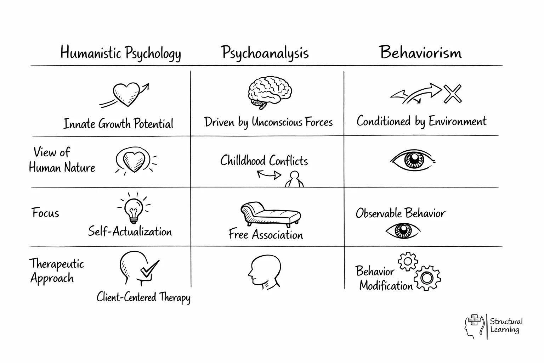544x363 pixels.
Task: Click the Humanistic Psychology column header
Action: pyautogui.click(x=120, y=53)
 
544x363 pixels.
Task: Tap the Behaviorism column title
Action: pyautogui.click(x=421, y=52)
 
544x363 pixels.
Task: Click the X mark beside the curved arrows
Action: pyautogui.click(x=453, y=94)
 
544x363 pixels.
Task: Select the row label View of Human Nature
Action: pyautogui.click(x=62, y=160)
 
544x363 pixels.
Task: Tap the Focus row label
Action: pyautogui.click(x=45, y=213)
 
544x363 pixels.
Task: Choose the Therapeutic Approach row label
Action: pyautogui.click(x=57, y=271)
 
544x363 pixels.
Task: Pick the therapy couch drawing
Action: pyautogui.click(x=271, y=214)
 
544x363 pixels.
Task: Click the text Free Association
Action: pyautogui.click(x=266, y=235)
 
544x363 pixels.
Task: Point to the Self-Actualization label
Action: pyautogui.click(x=130, y=232)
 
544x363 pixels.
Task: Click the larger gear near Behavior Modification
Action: pyautogui.click(x=427, y=278)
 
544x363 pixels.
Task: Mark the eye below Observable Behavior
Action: pyautogui.click(x=403, y=231)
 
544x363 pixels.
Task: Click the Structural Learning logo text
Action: pyautogui.click(x=506, y=325)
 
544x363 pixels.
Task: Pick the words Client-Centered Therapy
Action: pyautogui.click(x=143, y=297)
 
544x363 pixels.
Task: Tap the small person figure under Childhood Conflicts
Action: pyautogui.click(x=294, y=180)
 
